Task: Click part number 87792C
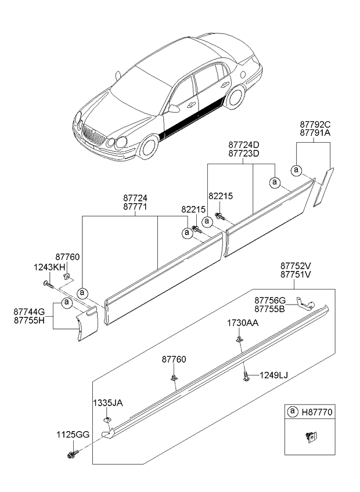pos(314,124)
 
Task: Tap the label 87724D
pos(244,144)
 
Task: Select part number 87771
pos(136,207)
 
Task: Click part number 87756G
pos(270,300)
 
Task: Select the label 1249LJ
pos(273,375)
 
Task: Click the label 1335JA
pos(107,402)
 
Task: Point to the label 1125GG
pos(73,435)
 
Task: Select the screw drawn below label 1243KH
pos(47,284)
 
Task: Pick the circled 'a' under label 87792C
pos(297,170)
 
